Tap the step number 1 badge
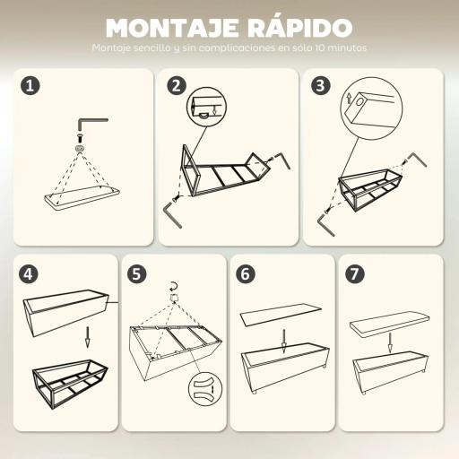point(32,86)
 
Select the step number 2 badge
point(177,86)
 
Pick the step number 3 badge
point(321,86)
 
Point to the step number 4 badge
point(32,274)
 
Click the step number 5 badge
point(137,274)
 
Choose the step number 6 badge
point(246,274)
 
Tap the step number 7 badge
point(355,274)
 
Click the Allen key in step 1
point(91,120)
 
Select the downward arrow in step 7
point(390,343)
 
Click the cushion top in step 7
point(391,323)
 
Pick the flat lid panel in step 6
point(281,314)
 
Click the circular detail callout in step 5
point(204,392)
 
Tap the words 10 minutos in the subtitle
point(340,48)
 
